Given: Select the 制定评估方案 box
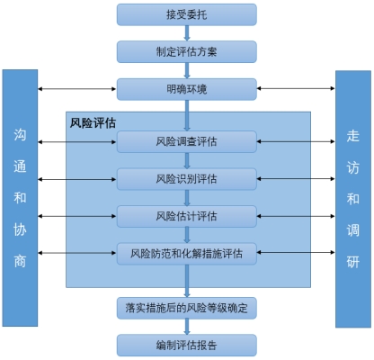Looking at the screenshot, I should pyautogui.click(x=186, y=51).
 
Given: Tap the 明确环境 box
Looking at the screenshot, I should pyautogui.click(x=186, y=89).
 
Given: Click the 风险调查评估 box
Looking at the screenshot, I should pyautogui.click(x=186, y=140).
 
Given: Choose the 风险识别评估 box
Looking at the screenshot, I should pyautogui.click(x=186, y=177).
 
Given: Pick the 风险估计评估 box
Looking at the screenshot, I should pyautogui.click(x=186, y=215).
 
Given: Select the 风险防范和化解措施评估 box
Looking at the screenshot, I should pyautogui.click(x=186, y=253).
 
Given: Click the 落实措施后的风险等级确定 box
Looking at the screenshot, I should pyautogui.click(x=186, y=307).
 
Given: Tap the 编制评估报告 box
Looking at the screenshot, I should pyautogui.click(x=186, y=345).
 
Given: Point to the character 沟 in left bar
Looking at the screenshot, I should pyautogui.click(x=20, y=135).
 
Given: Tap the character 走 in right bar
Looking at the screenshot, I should pyautogui.click(x=352, y=135).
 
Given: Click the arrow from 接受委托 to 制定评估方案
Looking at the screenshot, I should pyautogui.click(x=186, y=32).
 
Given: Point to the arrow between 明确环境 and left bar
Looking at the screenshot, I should pyautogui.click(x=77, y=89).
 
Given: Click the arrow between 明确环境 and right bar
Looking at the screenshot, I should pyautogui.click(x=296, y=89).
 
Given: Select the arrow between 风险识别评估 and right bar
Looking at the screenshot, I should pyautogui.click(x=296, y=177).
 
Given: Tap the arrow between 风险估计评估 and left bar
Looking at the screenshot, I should pyautogui.click(x=77, y=215).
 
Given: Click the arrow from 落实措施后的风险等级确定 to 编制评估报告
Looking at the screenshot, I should pyautogui.click(x=186, y=326).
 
